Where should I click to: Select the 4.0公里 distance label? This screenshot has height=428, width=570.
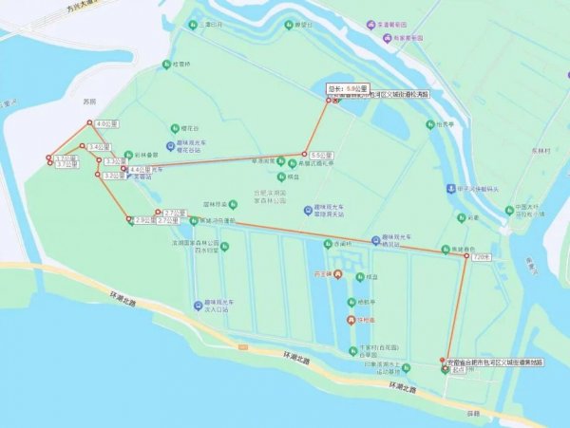(x=106, y=123)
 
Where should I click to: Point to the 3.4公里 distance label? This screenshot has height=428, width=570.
(x=97, y=147)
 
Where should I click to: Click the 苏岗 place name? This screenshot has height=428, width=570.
(x=90, y=100)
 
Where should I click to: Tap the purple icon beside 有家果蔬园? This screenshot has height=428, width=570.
(x=386, y=39)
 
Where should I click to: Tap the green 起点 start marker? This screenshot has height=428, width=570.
(x=446, y=369)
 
